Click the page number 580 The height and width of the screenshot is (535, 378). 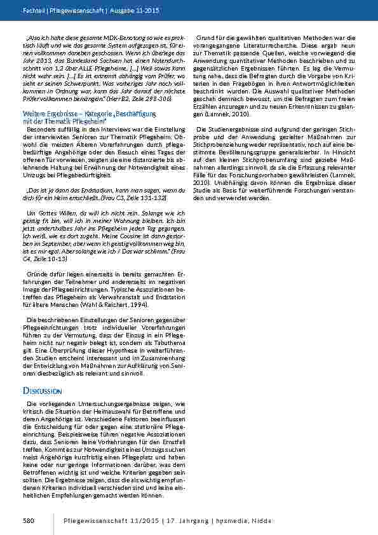(28, 521)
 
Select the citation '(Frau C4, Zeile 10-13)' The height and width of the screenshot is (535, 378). (43, 259)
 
